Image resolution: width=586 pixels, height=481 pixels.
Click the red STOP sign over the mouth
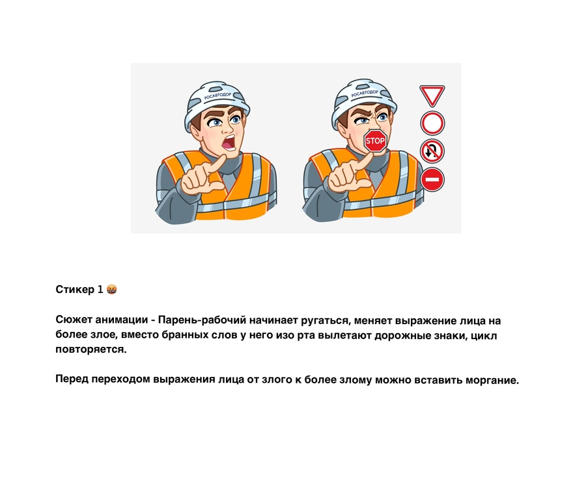(x=375, y=141)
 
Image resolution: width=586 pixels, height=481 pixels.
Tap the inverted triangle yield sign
(x=432, y=95)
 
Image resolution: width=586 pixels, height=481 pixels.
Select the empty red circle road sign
(x=432, y=123)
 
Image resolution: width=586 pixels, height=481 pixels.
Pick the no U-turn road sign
(x=432, y=151)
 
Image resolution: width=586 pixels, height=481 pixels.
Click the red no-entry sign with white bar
(x=432, y=180)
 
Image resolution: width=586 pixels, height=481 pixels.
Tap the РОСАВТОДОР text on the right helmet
(x=365, y=93)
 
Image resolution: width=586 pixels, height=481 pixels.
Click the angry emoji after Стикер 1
(x=112, y=290)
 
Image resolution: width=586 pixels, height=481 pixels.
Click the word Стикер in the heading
(x=75, y=290)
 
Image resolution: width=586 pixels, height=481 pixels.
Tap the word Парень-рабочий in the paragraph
(x=202, y=320)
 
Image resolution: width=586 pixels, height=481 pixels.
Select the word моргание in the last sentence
(x=492, y=380)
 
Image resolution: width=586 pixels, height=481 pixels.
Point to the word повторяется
(x=91, y=350)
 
